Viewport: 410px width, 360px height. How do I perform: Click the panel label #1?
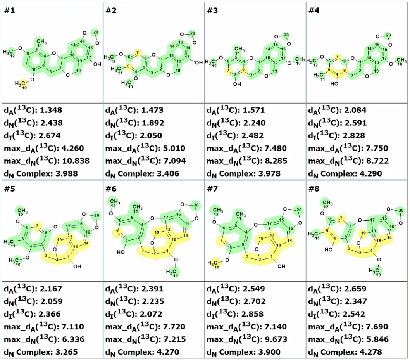[9, 10]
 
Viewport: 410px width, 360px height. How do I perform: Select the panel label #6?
[111, 189]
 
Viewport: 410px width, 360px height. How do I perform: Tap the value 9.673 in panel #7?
[276, 339]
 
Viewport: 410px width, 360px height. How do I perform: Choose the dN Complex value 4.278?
[371, 352]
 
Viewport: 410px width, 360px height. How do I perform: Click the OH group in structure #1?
[97, 64]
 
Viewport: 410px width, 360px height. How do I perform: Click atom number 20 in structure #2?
[193, 33]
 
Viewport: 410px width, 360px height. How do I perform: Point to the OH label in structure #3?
[237, 84]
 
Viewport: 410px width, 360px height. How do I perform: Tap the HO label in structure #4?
[334, 84]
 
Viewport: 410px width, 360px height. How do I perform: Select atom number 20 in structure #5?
[97, 215]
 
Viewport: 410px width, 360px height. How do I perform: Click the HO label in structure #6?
[121, 252]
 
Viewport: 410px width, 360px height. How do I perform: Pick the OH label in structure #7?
[281, 266]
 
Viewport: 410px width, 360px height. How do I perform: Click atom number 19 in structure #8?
[364, 233]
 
